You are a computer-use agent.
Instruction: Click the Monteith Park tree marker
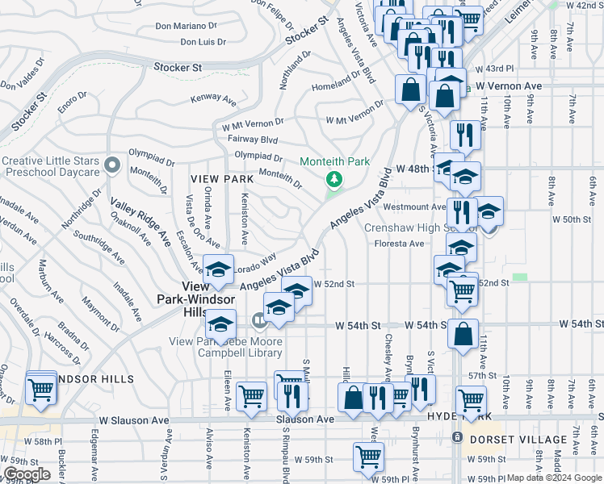tap(331, 177)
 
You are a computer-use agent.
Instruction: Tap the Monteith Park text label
tap(334, 161)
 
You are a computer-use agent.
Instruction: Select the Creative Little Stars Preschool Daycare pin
tap(112, 166)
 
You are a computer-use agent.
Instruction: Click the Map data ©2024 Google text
tap(554, 478)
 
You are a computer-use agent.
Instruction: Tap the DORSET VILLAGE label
tap(518, 440)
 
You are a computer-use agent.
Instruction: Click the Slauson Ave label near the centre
tap(304, 419)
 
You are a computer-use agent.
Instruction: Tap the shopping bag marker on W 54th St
tap(463, 336)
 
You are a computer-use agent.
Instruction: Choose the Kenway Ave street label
tap(212, 100)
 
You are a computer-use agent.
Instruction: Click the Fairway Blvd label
tap(253, 140)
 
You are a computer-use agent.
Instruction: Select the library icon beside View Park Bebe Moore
tap(258, 321)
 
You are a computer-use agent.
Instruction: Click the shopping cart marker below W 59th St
tap(369, 457)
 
